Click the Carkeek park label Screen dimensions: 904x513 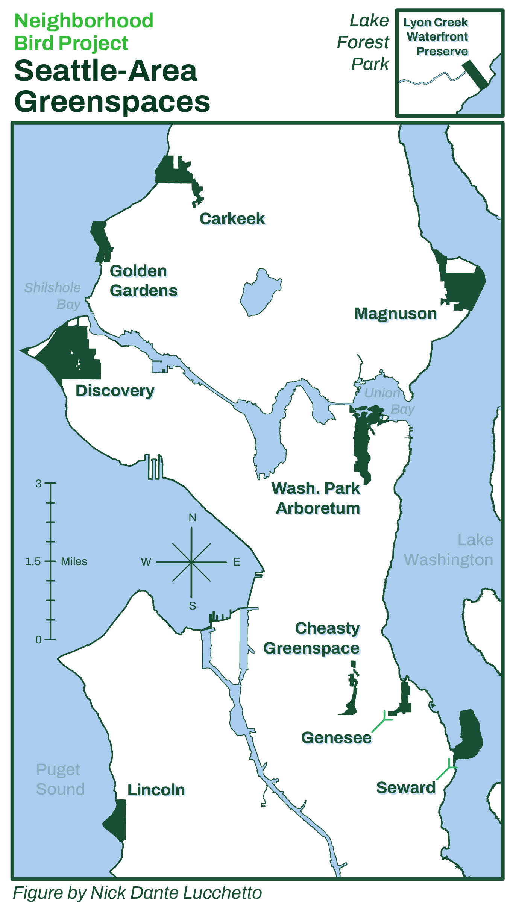coord(232,219)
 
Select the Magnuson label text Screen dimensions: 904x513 coord(395,314)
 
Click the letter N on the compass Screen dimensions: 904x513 coord(192,517)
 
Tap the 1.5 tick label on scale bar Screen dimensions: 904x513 coord(33,561)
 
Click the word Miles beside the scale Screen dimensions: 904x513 coord(74,561)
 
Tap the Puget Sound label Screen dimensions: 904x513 coord(59,779)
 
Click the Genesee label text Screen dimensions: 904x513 coord(336,737)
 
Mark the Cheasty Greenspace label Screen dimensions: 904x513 coord(312,638)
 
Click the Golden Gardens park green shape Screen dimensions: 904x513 coord(101,241)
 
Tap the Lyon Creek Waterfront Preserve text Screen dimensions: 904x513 coord(437,37)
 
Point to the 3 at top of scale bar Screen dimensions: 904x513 coord(38,484)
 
